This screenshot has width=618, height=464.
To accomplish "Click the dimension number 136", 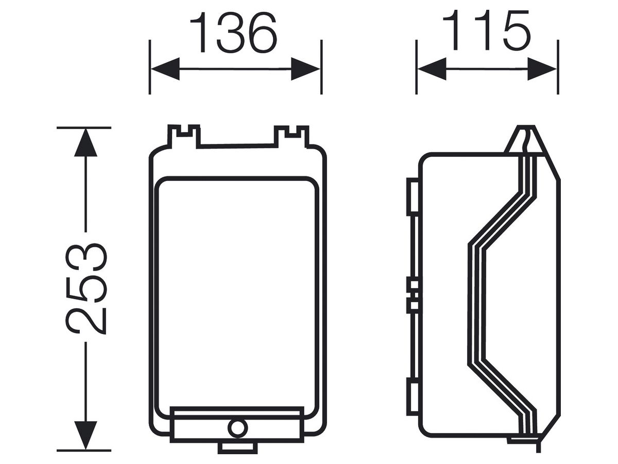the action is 233,33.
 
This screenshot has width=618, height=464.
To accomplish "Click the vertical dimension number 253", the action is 86,289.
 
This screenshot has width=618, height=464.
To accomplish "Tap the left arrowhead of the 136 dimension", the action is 165,69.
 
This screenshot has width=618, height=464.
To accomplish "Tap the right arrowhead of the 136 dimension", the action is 305,69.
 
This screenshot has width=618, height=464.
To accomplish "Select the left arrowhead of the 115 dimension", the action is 432,69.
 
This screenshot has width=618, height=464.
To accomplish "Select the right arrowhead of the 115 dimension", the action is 542,69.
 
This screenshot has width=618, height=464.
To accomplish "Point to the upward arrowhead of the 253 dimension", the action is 85,143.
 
